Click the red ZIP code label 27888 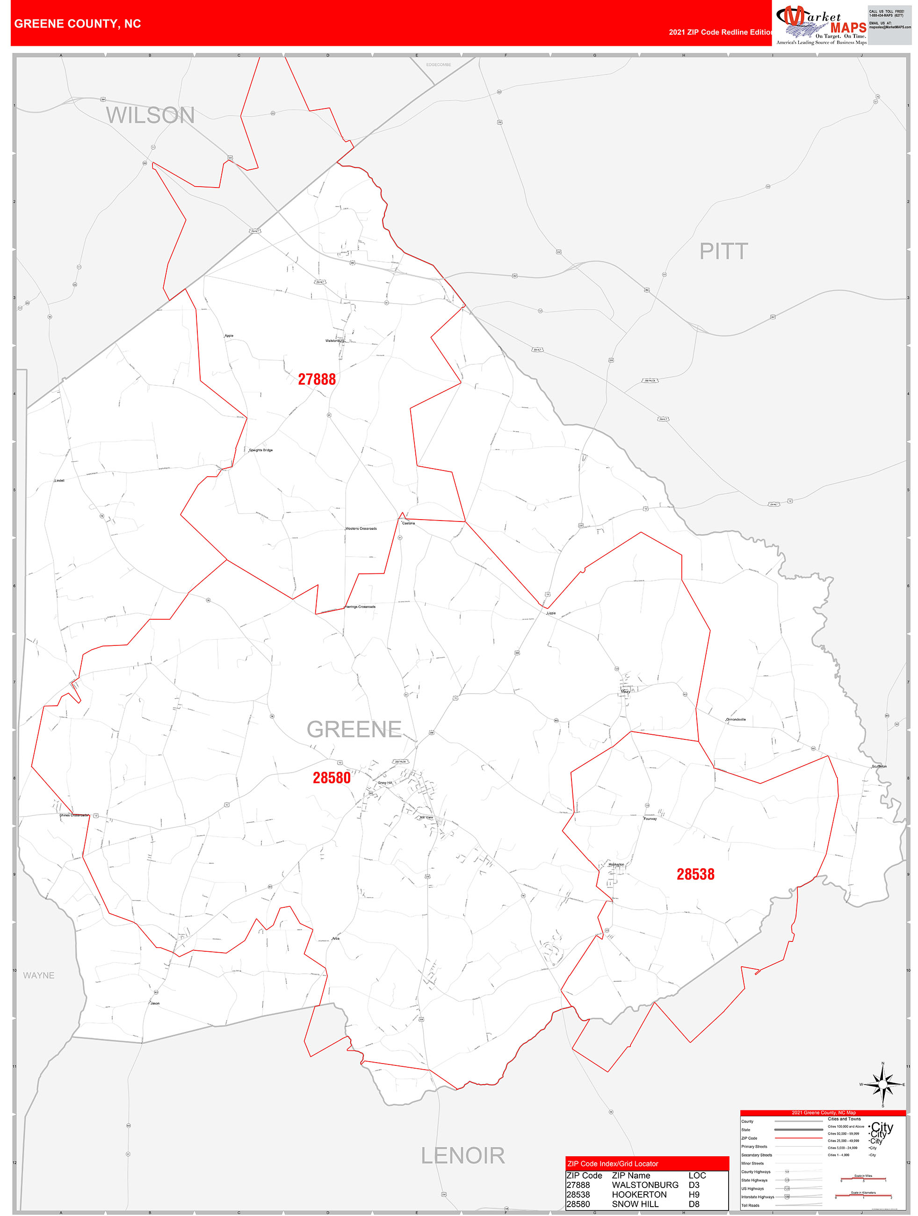point(317,379)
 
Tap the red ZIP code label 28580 point(332,777)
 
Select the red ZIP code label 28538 point(695,874)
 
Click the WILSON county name point(150,116)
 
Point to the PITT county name point(723,251)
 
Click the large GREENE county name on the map point(354,730)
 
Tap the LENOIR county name point(463,1156)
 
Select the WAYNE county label point(38,975)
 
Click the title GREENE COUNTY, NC point(78,24)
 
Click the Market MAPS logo point(821,24)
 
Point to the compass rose point(883,1084)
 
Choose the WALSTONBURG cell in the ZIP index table point(645,1185)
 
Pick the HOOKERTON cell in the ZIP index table point(639,1194)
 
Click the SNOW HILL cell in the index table point(635,1204)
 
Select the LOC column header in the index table point(697,1175)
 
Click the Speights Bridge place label point(260,450)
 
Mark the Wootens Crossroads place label point(361,528)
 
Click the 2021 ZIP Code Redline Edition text point(720,32)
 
